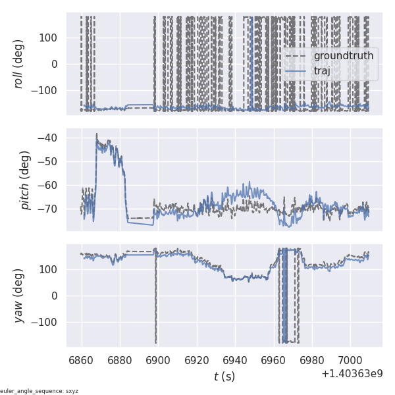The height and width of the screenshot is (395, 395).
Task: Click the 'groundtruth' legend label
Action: (x=343, y=56)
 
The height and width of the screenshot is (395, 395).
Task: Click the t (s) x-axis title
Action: (x=224, y=377)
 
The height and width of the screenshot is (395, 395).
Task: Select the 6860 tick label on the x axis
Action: (x=82, y=361)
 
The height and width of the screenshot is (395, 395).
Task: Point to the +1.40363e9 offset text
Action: (x=352, y=374)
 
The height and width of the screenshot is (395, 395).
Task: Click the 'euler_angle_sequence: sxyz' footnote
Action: (x=39, y=390)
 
